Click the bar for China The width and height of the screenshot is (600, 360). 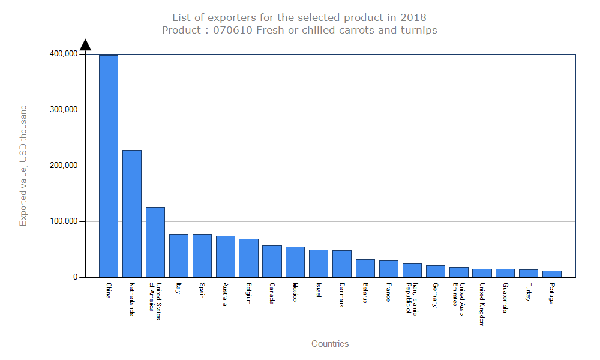[x=108, y=166]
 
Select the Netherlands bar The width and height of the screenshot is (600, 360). [x=131, y=214]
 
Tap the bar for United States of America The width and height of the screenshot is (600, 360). [x=155, y=242]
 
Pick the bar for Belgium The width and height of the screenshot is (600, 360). [x=248, y=258]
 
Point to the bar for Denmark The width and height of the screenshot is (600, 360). [x=341, y=264]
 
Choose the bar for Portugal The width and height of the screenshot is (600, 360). [x=551, y=274]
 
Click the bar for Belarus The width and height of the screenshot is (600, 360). [x=365, y=268]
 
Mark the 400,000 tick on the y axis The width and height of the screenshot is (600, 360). [x=63, y=54]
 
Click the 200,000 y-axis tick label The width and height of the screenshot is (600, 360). [x=63, y=166]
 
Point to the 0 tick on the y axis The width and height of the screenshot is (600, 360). [x=75, y=277]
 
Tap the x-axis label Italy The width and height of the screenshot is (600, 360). [x=179, y=289]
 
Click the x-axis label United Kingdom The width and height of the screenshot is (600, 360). [x=482, y=304]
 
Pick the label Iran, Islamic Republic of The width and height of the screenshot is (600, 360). [x=412, y=298]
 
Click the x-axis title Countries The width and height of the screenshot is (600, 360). [x=330, y=344]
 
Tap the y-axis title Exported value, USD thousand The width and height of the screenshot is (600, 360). [x=23, y=166]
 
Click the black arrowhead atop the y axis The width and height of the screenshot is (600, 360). [x=85, y=45]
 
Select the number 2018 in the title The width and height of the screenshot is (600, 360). [x=414, y=17]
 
